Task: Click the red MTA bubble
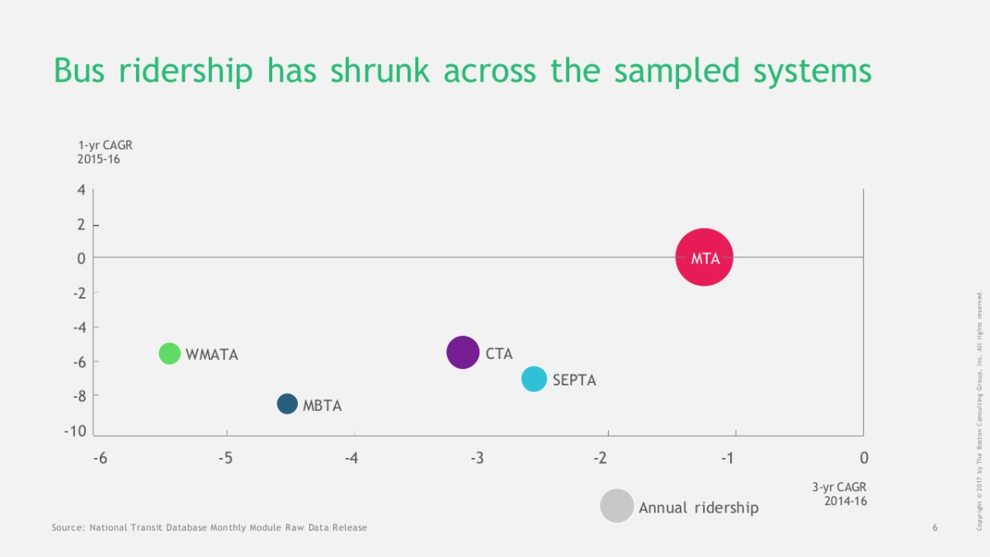click(x=704, y=257)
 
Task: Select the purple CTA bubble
click(x=463, y=352)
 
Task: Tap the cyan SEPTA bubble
click(x=535, y=379)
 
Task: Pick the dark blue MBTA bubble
click(x=287, y=404)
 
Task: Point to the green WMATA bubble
click(x=169, y=353)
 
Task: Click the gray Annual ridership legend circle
click(x=616, y=506)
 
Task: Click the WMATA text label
click(x=212, y=355)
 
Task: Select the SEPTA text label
click(x=574, y=380)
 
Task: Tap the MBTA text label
click(x=322, y=406)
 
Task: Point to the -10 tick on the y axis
click(x=75, y=432)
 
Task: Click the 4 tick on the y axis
click(x=81, y=190)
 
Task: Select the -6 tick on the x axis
click(x=99, y=458)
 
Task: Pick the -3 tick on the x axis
click(x=477, y=458)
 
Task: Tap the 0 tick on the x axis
click(x=863, y=458)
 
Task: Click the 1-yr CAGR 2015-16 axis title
click(x=105, y=152)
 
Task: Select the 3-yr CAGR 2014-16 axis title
click(x=839, y=493)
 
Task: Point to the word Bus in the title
click(x=82, y=71)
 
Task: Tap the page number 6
click(x=935, y=527)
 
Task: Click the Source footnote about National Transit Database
click(x=210, y=527)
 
